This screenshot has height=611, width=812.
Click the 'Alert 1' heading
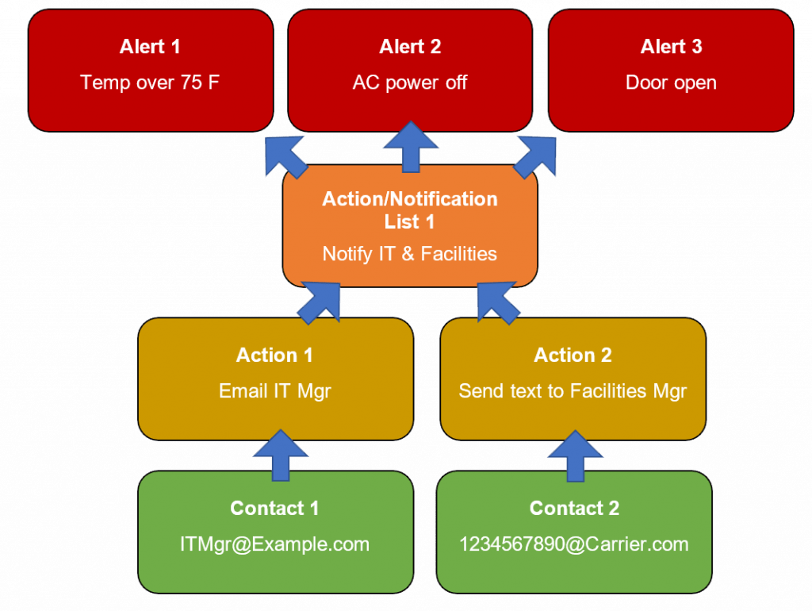[150, 46]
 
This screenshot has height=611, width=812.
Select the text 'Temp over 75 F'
[150, 83]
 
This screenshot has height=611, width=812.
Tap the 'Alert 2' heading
[410, 46]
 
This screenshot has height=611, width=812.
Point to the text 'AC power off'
[410, 83]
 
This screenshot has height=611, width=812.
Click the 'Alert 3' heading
[671, 46]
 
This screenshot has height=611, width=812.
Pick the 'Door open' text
[671, 83]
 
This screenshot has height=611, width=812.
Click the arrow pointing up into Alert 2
[410, 148]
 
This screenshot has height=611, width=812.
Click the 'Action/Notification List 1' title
[410, 209]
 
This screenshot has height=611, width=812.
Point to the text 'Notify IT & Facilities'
[410, 254]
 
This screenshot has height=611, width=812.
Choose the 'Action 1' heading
[274, 355]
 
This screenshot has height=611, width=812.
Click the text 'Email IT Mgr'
[274, 391]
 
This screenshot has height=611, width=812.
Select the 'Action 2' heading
[573, 355]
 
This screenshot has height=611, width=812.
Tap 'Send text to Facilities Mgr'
[573, 391]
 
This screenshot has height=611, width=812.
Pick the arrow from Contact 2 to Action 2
[576, 455]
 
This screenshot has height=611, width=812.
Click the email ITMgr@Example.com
[274, 544]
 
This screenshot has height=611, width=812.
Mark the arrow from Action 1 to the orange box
[321, 302]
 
